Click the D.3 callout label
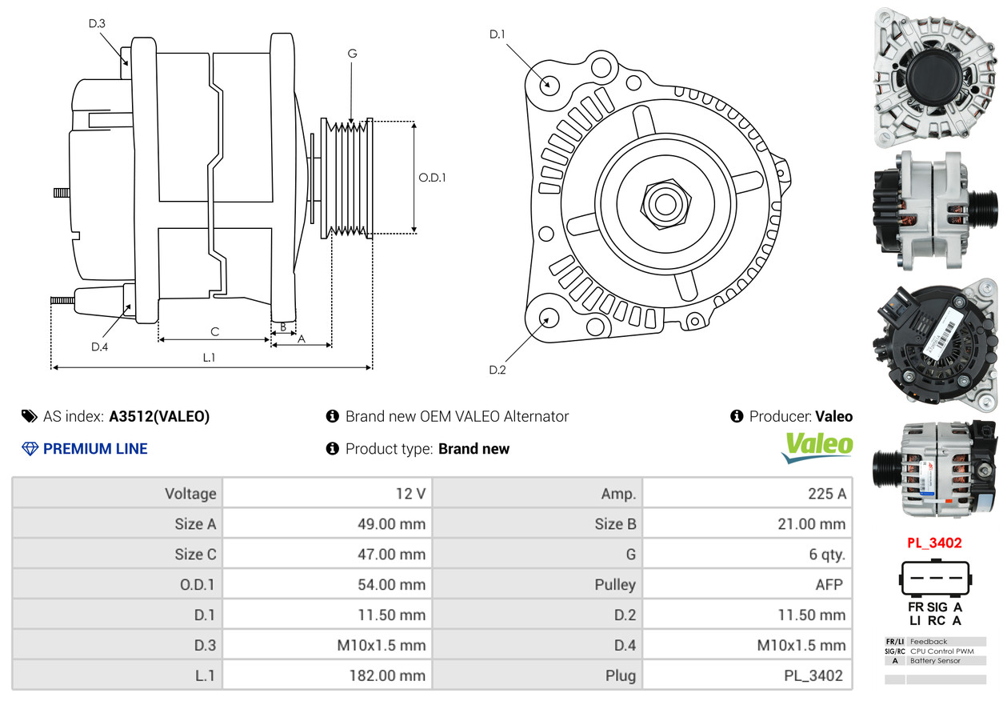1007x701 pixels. point(97,24)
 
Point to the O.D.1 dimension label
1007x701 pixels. point(432,178)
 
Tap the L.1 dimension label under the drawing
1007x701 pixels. point(209,358)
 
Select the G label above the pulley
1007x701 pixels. point(352,54)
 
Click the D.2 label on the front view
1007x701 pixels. point(498,370)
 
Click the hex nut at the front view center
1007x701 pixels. point(664,202)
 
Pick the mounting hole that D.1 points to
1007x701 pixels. point(549,83)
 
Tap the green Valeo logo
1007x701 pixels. point(817,447)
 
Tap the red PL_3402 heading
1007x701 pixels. point(934,543)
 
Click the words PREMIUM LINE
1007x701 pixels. point(95,449)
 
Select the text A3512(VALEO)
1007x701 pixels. point(159,416)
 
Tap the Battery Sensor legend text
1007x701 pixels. point(935,660)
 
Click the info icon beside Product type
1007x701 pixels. point(333,449)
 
